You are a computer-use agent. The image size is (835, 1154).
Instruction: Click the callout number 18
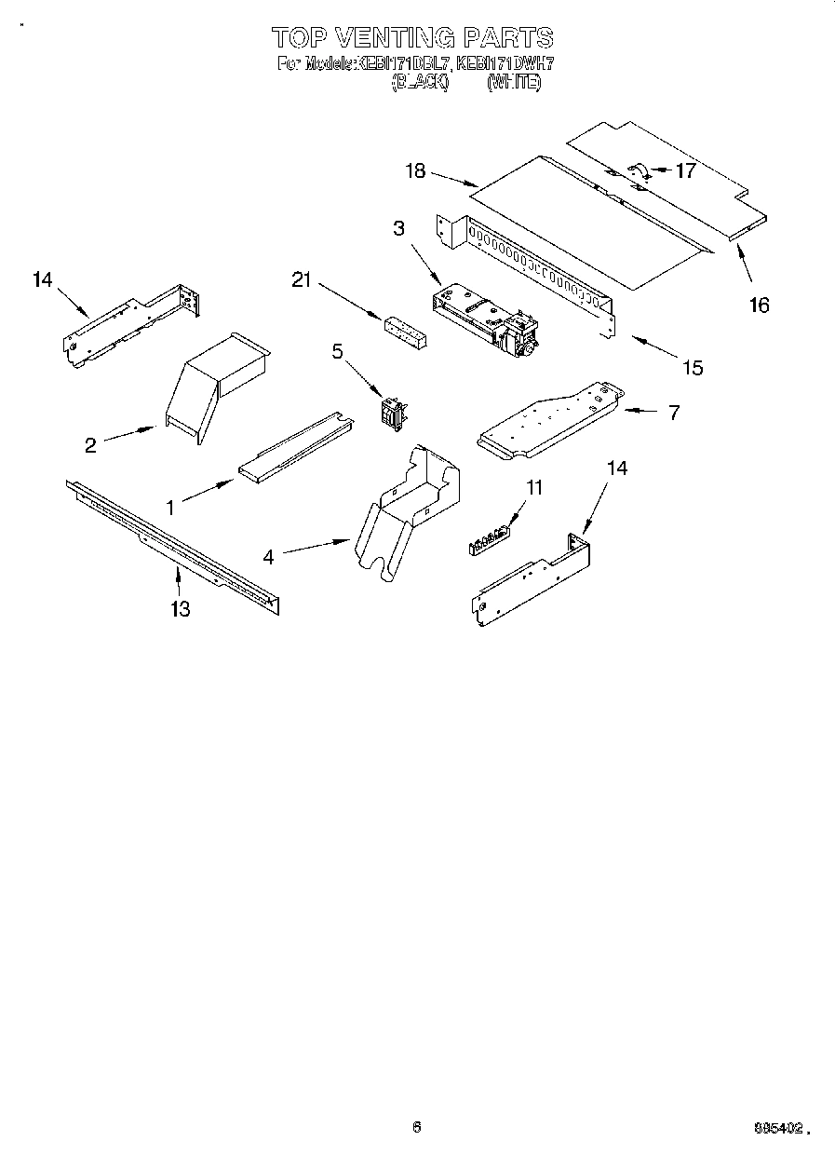415,170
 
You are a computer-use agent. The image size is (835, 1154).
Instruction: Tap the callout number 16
760,305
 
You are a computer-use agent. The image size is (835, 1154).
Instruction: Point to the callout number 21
301,280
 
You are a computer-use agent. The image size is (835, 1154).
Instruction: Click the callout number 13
180,609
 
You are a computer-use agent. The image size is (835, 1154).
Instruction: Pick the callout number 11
533,487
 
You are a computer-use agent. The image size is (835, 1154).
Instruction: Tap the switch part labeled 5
394,411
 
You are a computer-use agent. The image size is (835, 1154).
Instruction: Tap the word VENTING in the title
393,38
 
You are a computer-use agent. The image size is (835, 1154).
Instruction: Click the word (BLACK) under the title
419,82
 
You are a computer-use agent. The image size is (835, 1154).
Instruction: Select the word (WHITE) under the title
513,82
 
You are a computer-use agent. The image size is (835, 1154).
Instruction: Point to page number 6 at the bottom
417,1126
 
